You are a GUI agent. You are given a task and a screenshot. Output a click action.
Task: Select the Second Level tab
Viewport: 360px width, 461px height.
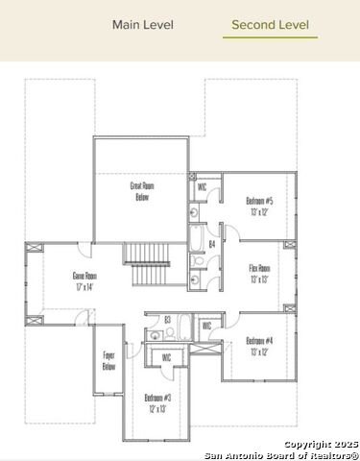pyautogui.click(x=270, y=25)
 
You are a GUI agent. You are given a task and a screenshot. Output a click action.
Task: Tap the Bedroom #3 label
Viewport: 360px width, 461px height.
pyautogui.click(x=157, y=397)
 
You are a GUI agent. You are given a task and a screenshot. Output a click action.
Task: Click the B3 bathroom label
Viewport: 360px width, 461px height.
pyautogui.click(x=167, y=319)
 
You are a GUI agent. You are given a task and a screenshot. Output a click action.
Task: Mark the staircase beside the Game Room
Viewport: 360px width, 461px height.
pyautogui.click(x=148, y=263)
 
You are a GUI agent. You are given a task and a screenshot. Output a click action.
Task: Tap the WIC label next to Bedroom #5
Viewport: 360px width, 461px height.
pyautogui.click(x=202, y=187)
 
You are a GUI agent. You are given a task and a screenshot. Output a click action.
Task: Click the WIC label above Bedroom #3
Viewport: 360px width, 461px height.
pyautogui.click(x=166, y=357)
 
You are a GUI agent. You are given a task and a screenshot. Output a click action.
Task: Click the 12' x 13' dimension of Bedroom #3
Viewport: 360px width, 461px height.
pyautogui.click(x=157, y=408)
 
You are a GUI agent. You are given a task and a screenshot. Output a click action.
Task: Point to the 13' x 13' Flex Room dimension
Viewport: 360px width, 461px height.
pyautogui.click(x=259, y=279)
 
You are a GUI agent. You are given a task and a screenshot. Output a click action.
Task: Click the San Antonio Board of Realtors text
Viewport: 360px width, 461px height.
pyautogui.click(x=288, y=454)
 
